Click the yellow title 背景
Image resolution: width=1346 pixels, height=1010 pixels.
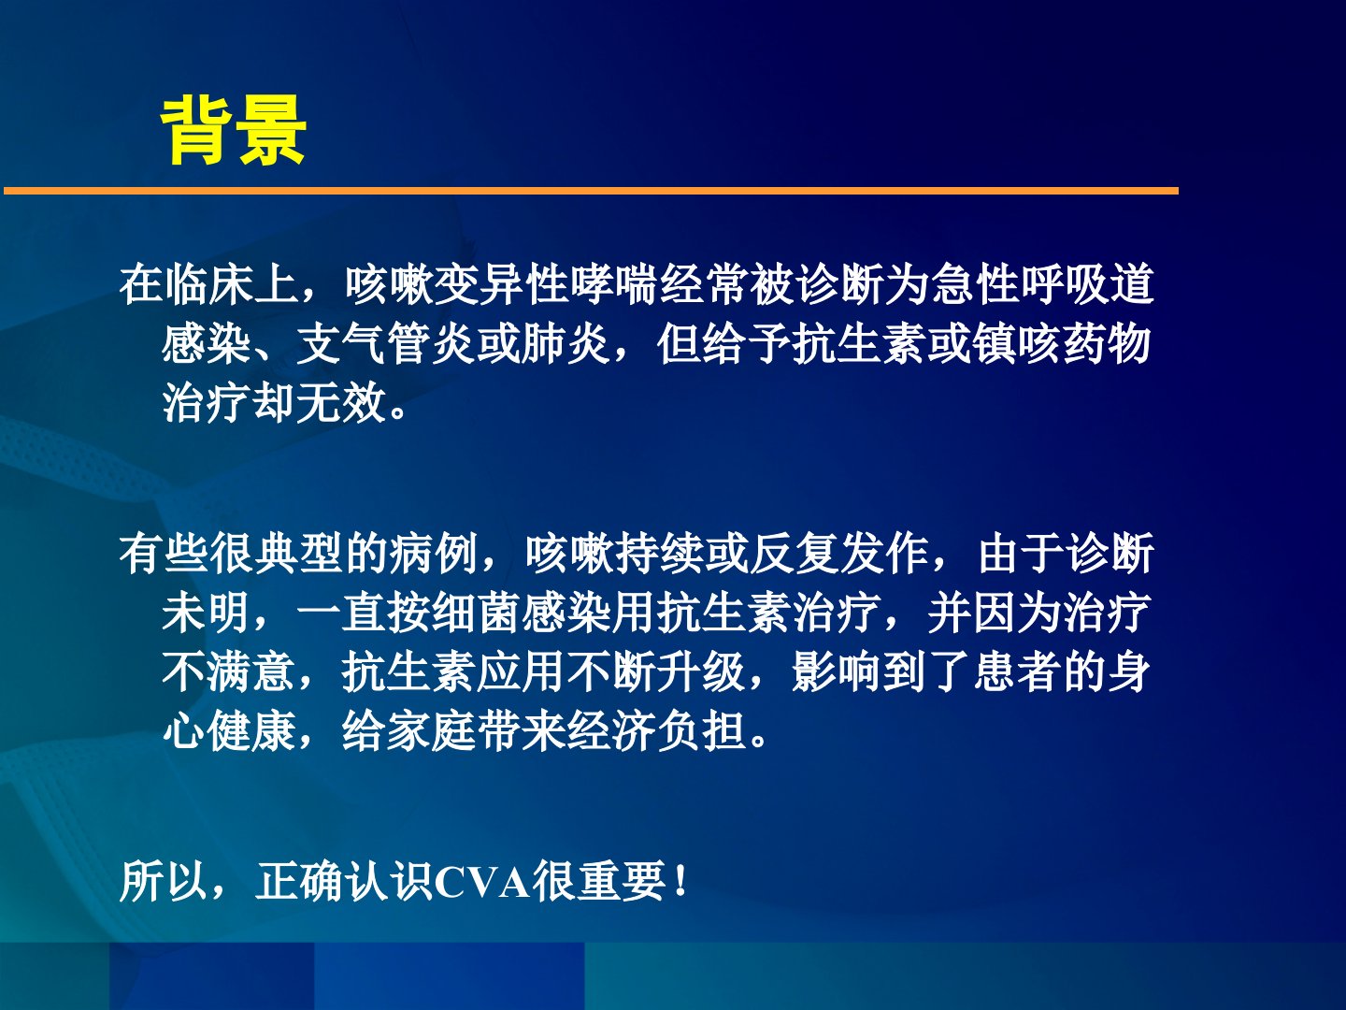pyautogui.click(x=233, y=130)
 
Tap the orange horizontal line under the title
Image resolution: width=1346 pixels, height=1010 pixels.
pyautogui.click(x=591, y=191)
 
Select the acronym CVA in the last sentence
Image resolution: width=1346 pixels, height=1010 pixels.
pyautogui.click(x=482, y=883)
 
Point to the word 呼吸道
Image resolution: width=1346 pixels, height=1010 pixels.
pyautogui.click(x=1088, y=284)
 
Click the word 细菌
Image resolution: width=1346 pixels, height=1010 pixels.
pyautogui.click(x=476, y=613)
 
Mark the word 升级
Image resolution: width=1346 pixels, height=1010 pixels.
pyautogui.click(x=701, y=671)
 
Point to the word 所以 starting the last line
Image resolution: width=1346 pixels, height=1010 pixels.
pyautogui.click(x=164, y=882)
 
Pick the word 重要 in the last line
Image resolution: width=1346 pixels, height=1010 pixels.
pyautogui.click(x=622, y=882)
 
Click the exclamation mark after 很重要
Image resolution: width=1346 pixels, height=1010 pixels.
pyautogui.click(x=680, y=882)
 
